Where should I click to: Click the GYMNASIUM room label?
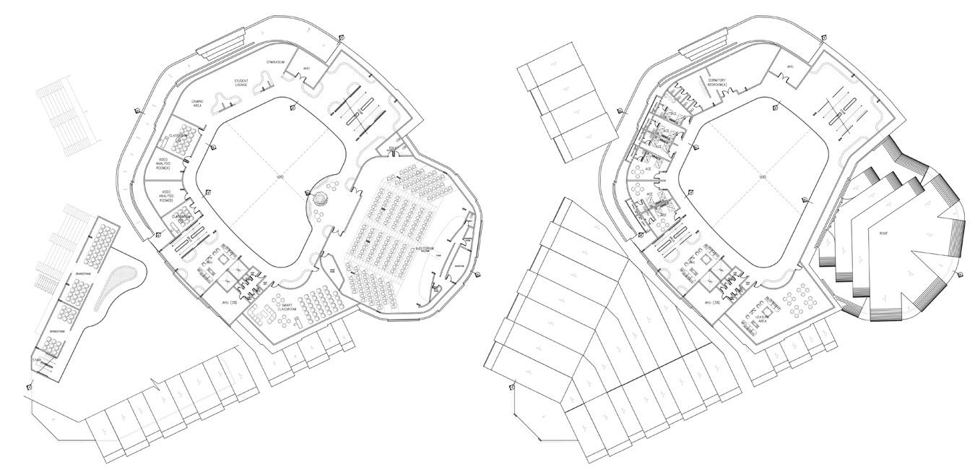pos(275,62)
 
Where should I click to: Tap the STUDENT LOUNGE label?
pos(241,82)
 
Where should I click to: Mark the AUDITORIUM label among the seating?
pos(426,249)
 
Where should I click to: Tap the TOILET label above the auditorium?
pos(394,149)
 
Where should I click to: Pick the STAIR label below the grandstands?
pos(37,359)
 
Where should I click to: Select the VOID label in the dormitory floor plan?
pos(761,177)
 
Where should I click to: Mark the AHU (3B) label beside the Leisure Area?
pos(712,303)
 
